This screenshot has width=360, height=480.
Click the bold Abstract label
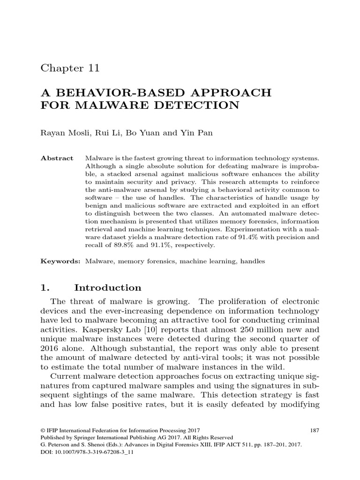pyautogui.click(x=57, y=158)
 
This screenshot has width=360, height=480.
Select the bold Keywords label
pyautogui.click(x=60, y=262)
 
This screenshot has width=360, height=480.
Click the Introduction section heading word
pyautogui.click(x=111, y=287)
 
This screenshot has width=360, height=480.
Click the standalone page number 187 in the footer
pyautogui.click(x=315, y=430)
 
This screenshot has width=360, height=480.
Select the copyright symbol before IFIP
pyautogui.click(x=44, y=430)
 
